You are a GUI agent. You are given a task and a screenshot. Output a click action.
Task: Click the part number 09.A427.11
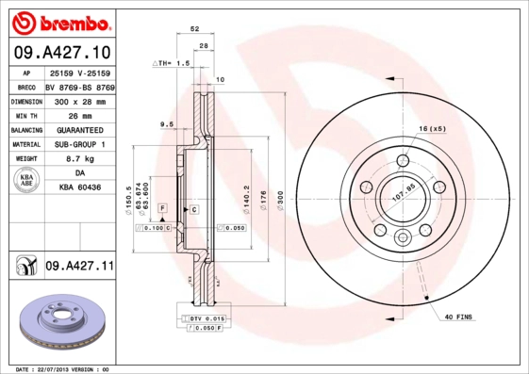click(x=79, y=268)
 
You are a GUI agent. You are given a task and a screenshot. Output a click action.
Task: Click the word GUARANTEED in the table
click(x=79, y=130)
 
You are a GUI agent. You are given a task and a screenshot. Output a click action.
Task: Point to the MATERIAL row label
click(x=25, y=144)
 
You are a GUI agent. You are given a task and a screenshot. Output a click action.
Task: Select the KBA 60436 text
click(x=79, y=188)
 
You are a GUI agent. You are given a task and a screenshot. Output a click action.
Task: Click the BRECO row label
click(x=25, y=86)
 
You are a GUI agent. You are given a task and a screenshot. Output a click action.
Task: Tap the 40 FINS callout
click(x=456, y=317)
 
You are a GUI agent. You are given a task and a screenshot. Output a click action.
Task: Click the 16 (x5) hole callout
click(x=432, y=127)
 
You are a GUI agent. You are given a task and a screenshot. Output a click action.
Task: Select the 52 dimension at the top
click(x=194, y=30)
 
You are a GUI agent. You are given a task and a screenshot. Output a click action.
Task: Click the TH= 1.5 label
click(x=173, y=62)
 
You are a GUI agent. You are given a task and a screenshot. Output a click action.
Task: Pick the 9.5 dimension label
click(x=166, y=124)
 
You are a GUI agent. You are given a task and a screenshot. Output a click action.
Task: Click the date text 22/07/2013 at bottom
click(x=71, y=368)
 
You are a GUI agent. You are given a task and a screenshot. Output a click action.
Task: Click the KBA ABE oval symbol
click(x=26, y=182)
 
